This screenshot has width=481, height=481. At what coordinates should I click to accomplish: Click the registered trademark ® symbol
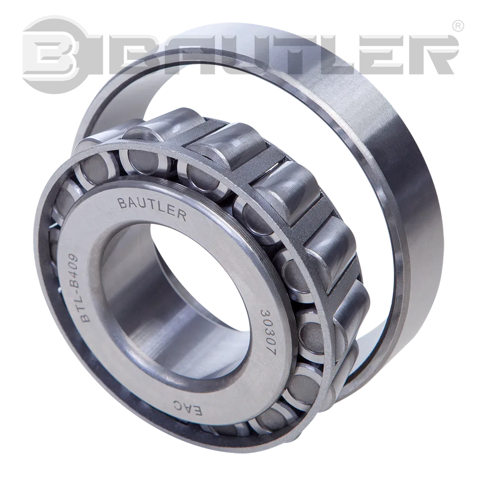point(458,26)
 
